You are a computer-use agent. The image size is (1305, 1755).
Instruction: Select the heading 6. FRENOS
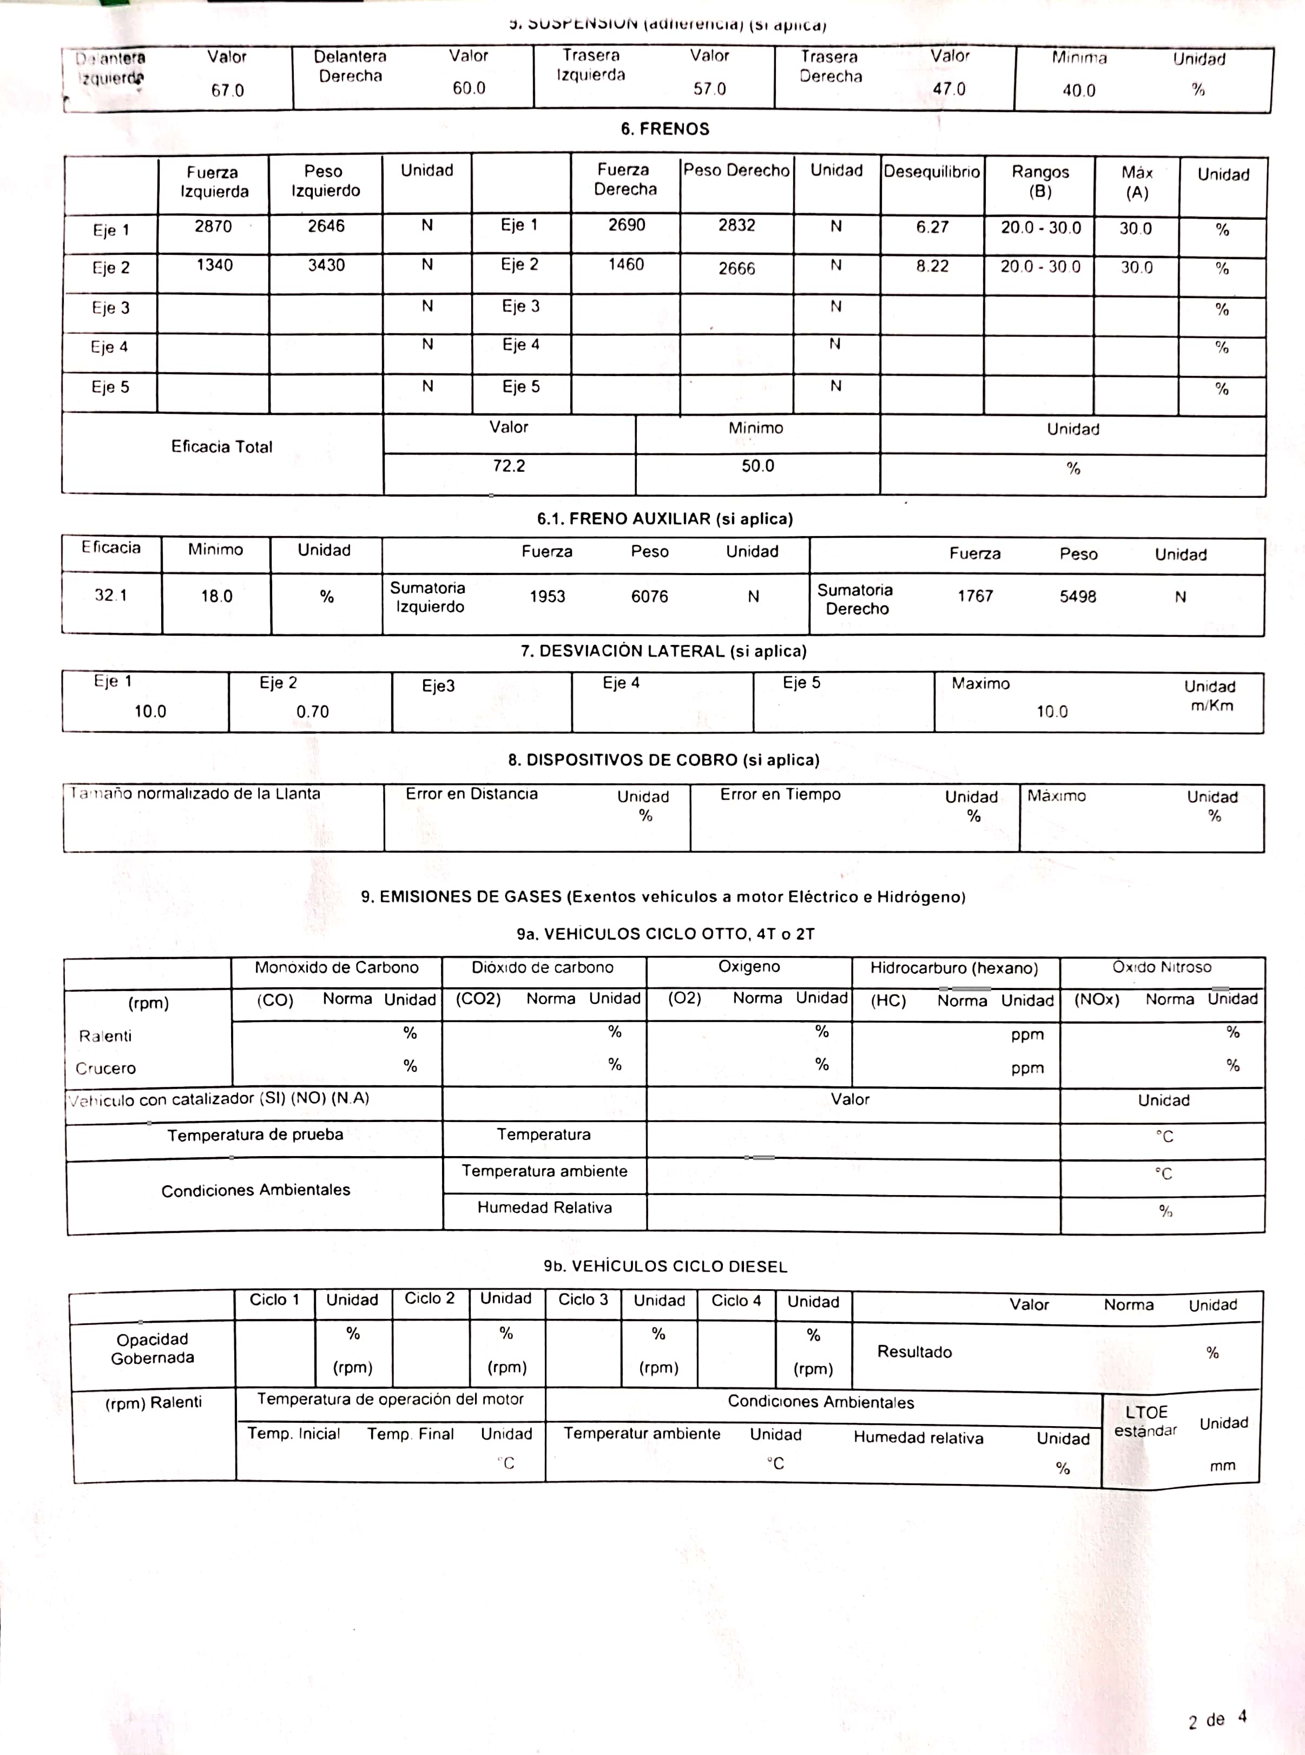(x=664, y=129)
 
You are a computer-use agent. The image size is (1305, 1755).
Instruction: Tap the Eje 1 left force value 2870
(x=213, y=227)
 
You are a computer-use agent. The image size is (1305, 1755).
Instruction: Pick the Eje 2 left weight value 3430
(x=326, y=266)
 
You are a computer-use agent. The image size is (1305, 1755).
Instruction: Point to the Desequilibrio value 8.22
(x=932, y=266)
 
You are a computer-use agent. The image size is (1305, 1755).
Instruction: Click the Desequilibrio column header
(x=932, y=171)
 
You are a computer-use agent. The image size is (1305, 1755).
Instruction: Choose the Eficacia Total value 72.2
(x=509, y=466)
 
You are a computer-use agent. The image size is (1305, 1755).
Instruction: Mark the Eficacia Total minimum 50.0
(x=757, y=466)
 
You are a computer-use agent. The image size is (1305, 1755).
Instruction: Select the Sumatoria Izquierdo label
(x=428, y=597)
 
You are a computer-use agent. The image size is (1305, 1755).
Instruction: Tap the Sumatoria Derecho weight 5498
(x=1078, y=597)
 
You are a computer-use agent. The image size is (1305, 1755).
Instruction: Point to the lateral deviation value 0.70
(x=313, y=711)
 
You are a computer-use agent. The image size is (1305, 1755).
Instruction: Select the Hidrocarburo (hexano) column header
(x=953, y=968)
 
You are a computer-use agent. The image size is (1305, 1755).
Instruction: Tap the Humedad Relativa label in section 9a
(x=544, y=1208)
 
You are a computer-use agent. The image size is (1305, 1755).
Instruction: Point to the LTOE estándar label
(x=1145, y=1421)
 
